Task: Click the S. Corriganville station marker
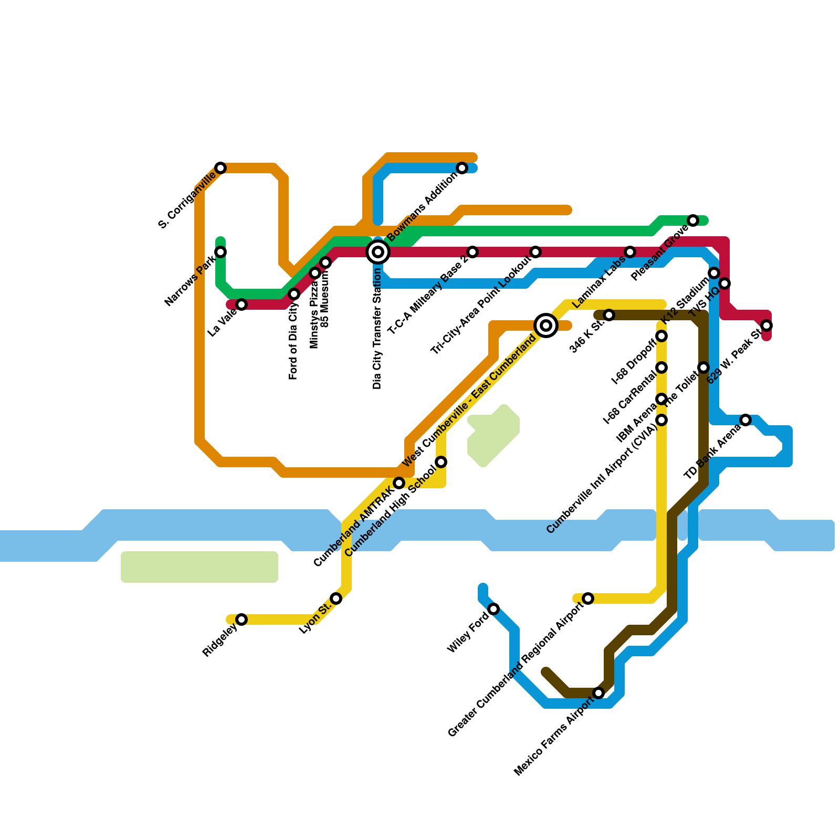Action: [220, 168]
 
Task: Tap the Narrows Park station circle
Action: [220, 252]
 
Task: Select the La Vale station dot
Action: [241, 304]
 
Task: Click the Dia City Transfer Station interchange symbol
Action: [378, 252]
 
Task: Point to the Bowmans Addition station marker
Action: [462, 168]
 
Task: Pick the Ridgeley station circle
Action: [241, 619]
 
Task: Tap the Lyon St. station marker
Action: [336, 598]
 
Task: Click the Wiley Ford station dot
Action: [493, 609]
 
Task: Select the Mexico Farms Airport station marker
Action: [598, 693]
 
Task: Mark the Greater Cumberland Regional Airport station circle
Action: [588, 598]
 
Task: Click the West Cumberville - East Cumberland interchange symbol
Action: [546, 325]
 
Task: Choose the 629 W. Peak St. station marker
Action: [766, 325]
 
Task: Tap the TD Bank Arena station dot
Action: [745, 420]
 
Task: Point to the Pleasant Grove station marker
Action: [693, 220]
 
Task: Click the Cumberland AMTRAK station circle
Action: [399, 483]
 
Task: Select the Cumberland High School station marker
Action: [441, 462]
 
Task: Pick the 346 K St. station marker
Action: [609, 315]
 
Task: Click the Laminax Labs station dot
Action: [630, 252]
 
